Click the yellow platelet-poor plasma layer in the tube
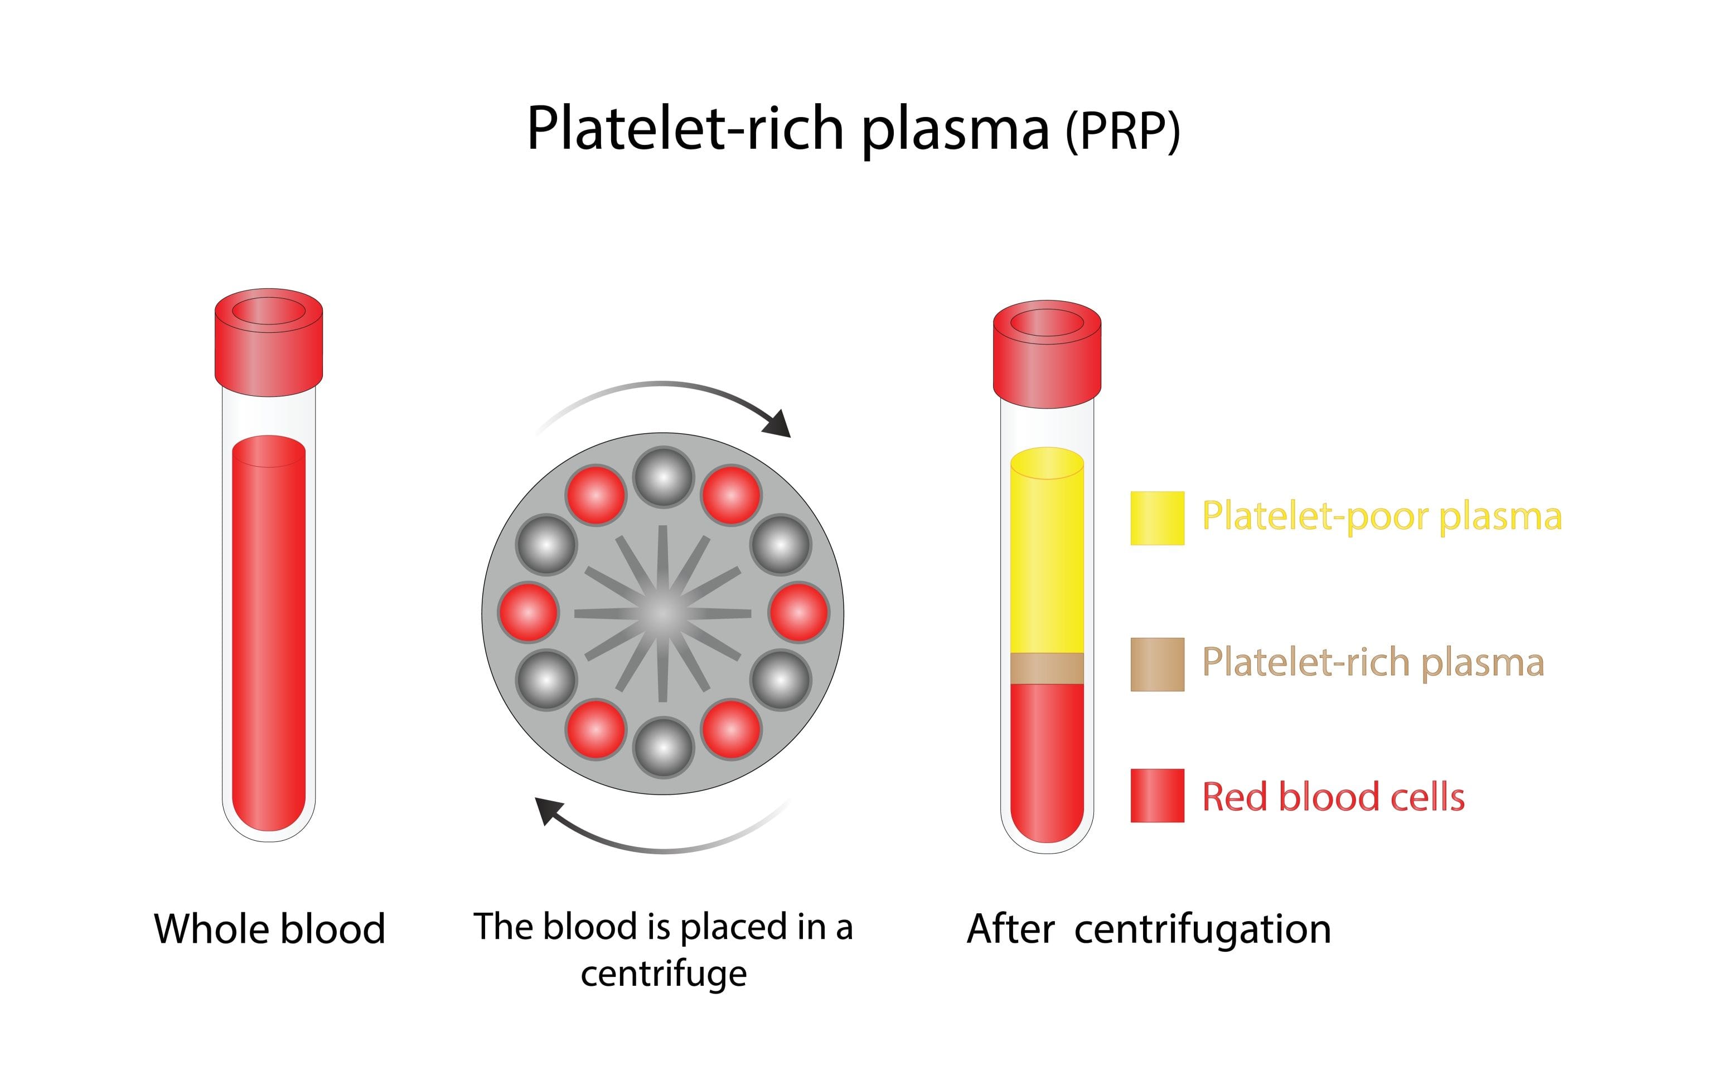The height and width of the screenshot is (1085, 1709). coord(1047,560)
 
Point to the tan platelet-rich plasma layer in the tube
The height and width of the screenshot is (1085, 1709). coord(1047,668)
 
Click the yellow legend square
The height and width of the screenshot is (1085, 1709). coord(1157,518)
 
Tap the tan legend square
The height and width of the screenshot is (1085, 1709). coord(1157,664)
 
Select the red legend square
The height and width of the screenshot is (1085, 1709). coord(1157,796)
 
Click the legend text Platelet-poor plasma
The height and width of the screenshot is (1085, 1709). coord(1381,516)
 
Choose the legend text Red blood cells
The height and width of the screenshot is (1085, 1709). coord(1333,796)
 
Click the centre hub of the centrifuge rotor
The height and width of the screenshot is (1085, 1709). coord(663,612)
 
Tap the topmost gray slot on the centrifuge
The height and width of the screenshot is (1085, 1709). coord(663,477)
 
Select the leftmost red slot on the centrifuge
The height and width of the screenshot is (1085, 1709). coord(528,612)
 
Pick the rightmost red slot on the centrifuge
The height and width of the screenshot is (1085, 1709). coord(798,612)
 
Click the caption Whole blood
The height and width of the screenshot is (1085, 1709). coord(270,929)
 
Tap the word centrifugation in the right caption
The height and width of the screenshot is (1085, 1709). coord(1202,929)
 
